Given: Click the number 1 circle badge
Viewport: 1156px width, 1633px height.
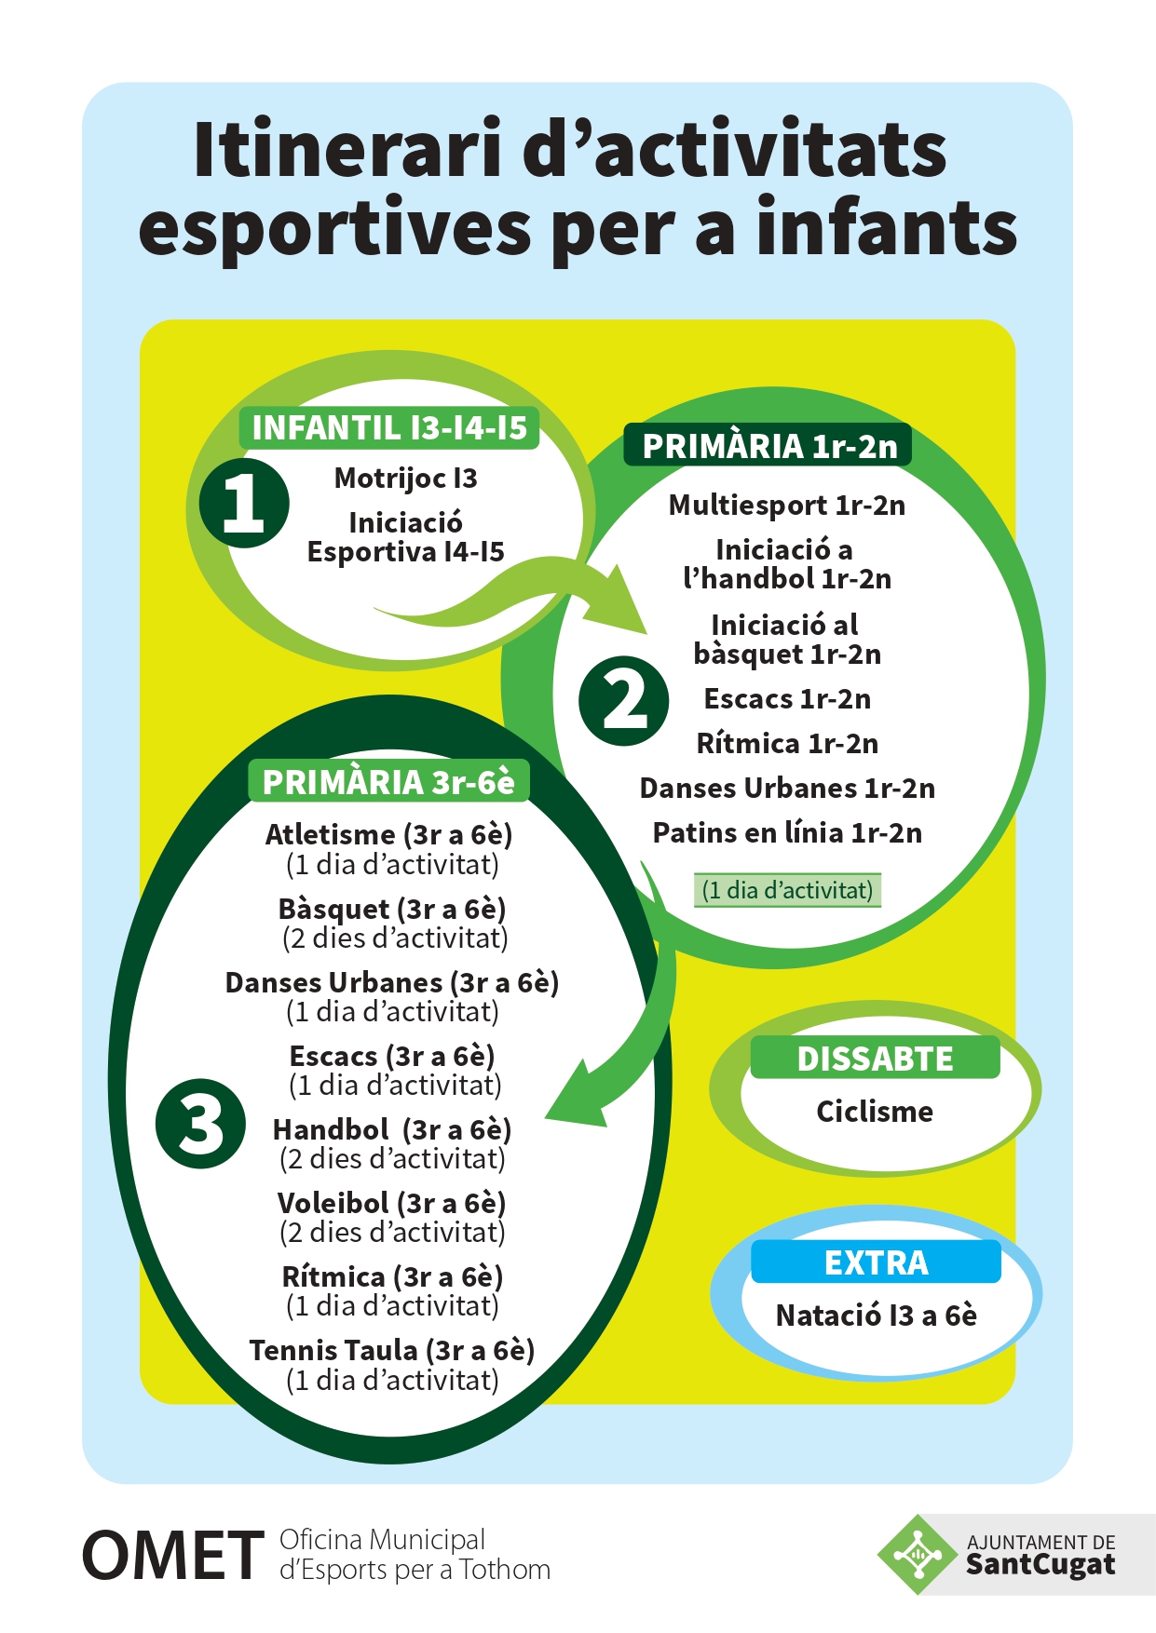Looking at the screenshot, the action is coord(244,503).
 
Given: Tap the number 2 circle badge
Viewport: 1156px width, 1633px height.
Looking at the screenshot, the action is coord(623,701).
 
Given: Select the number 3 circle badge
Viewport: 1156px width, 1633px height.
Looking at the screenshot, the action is coord(201,1124).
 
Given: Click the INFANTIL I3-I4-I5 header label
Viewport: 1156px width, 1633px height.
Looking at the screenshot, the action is coord(389,428).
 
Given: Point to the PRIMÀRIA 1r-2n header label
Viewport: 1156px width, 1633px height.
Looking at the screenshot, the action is coord(768,446).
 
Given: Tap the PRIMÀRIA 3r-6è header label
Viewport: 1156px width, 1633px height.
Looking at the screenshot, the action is coord(388,782).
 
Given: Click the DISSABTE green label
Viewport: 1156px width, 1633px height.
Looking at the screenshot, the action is coord(875,1059).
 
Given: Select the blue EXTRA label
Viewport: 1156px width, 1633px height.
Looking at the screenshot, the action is coord(876,1262).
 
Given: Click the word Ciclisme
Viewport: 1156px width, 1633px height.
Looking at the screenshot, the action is coord(875,1112).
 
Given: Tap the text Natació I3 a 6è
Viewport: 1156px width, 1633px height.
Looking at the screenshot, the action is coord(877,1316).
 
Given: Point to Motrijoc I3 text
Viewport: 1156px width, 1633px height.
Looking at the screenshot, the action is coord(405,479).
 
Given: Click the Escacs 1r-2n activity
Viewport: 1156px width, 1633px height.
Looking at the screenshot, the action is coord(787,699).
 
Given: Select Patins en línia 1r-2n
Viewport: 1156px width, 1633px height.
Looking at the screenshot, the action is coord(787,832).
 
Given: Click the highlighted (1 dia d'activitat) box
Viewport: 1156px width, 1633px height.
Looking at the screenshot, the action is coord(787,890).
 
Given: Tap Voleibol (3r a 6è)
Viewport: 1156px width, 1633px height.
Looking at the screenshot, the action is coord(391,1203).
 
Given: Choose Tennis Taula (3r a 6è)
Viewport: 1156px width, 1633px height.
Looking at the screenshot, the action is coord(391,1350).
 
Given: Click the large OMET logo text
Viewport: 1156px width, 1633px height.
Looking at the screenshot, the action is coord(173,1556).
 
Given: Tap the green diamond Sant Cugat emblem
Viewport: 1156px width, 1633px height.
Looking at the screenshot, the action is coord(918,1554).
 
